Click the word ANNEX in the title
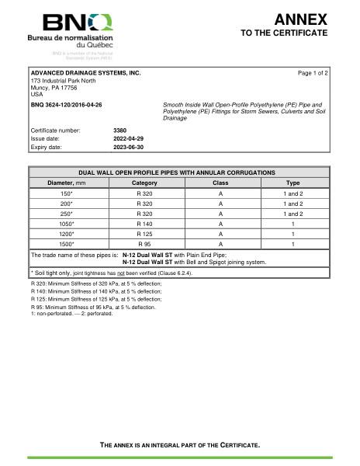tap(300, 19)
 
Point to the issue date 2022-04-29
tap(129, 137)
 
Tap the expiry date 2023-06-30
tap(129, 146)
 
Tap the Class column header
tap(220, 183)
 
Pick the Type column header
tap(292, 183)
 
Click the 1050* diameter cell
tap(67, 223)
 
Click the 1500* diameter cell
tap(67, 243)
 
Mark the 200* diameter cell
tap(67, 203)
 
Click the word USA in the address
tap(36, 94)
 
